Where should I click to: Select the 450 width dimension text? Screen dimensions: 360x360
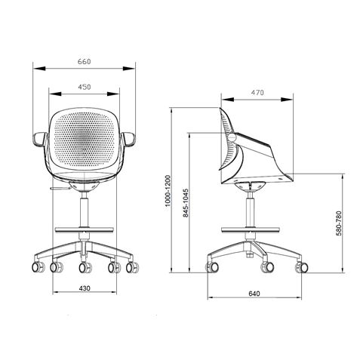click(85, 88)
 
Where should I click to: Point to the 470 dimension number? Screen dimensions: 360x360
click(257, 93)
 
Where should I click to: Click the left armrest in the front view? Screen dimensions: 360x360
click(41, 139)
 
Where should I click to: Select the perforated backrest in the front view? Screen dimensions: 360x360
click(85, 140)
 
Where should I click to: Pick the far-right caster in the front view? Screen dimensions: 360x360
click(134, 266)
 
